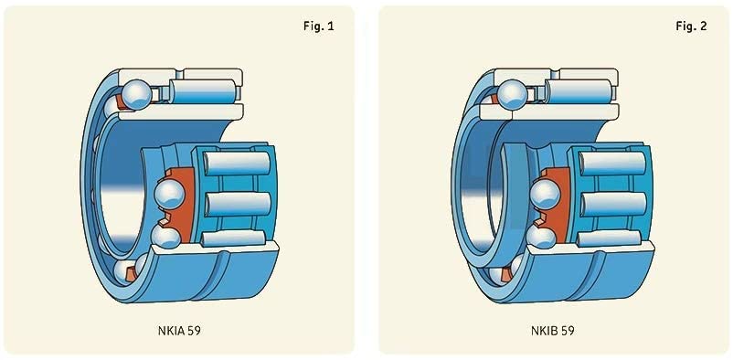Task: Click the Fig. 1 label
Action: tap(319, 26)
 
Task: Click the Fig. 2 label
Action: tap(691, 26)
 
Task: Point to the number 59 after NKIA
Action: tap(195, 331)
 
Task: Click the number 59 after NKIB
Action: tap(568, 331)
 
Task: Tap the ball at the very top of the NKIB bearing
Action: tap(512, 94)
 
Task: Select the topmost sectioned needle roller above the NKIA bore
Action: tap(202, 91)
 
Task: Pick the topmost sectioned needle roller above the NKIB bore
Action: tap(579, 91)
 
